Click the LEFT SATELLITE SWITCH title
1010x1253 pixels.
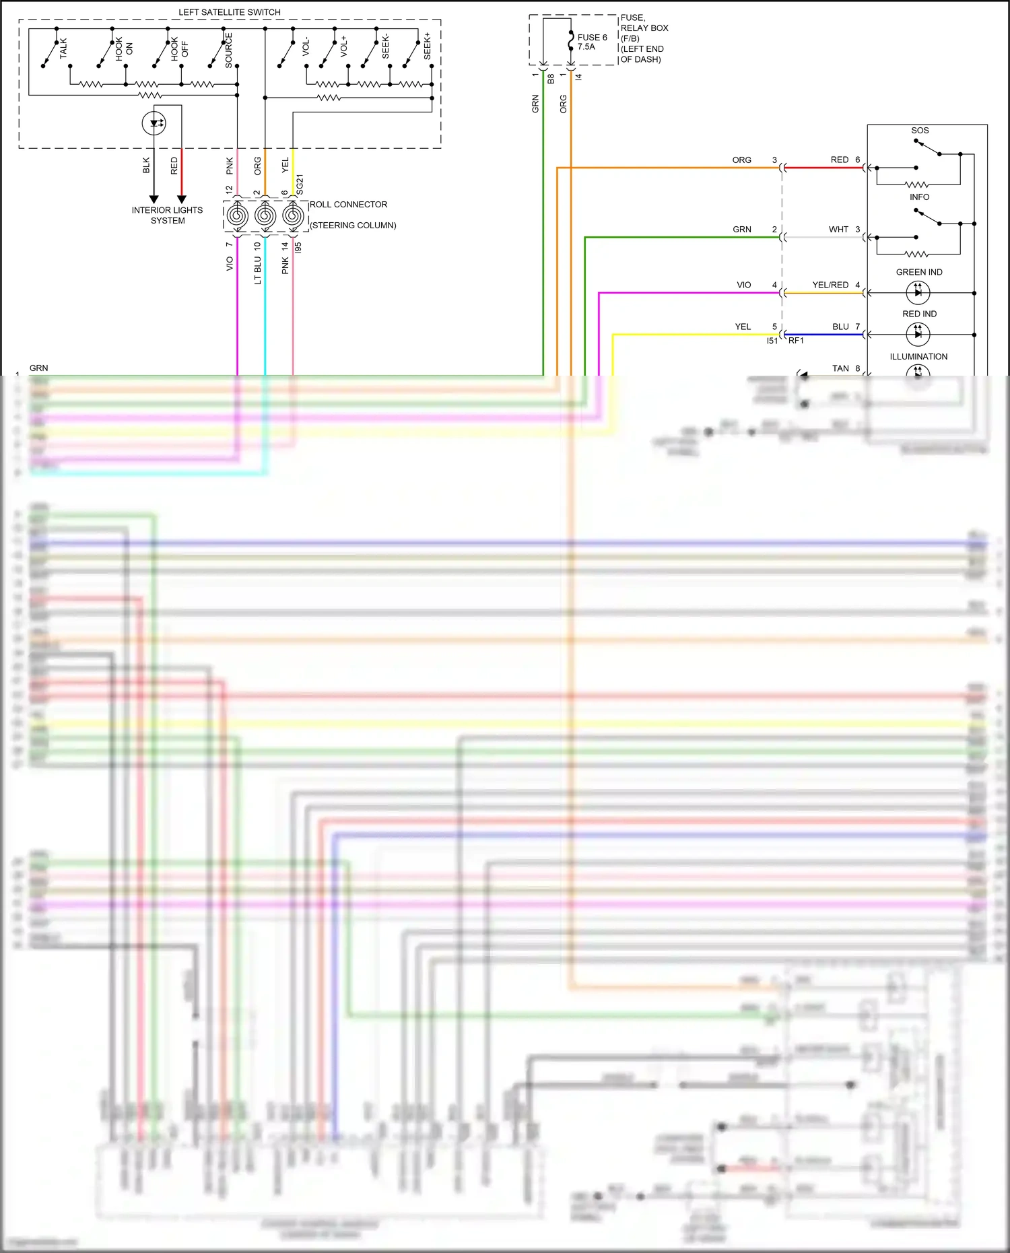pos(229,12)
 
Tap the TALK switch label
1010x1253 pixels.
pos(64,48)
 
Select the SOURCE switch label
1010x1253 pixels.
pos(229,50)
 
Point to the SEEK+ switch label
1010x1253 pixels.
pos(427,46)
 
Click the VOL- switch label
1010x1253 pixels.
pos(306,46)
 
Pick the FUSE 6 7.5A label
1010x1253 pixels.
pos(592,42)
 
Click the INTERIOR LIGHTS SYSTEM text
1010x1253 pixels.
pos(167,215)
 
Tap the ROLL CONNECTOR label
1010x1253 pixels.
pos(348,205)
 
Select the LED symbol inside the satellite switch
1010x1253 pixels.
pos(154,123)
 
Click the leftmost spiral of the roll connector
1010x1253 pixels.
pos(237,216)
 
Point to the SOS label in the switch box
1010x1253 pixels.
pos(920,131)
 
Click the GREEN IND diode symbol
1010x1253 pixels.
pos(918,292)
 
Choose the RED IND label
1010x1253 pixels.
pos(919,314)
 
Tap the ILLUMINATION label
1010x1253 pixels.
pos(918,357)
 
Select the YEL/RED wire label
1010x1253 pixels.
pos(830,285)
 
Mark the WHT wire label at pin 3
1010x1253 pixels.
pos(838,230)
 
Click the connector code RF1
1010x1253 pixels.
pos(796,341)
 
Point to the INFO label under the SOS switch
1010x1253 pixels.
pos(919,197)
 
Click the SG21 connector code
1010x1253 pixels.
pos(300,184)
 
